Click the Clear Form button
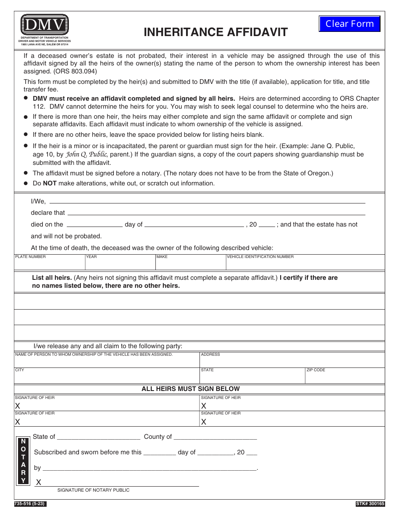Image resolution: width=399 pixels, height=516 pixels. coord(349,24)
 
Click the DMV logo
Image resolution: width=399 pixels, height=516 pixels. coord(44,25)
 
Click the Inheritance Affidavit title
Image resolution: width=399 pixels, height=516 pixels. coord(215,32)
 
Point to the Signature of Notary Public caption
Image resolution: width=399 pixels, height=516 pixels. coord(93,490)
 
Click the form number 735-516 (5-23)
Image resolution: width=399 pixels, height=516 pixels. coord(30,503)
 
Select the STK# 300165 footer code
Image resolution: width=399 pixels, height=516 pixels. coord(370,503)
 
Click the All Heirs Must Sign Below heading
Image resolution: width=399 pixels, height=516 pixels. coord(191,389)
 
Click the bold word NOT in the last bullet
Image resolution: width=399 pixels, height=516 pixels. coord(50,183)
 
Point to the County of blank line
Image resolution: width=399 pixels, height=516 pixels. coord(215,436)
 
